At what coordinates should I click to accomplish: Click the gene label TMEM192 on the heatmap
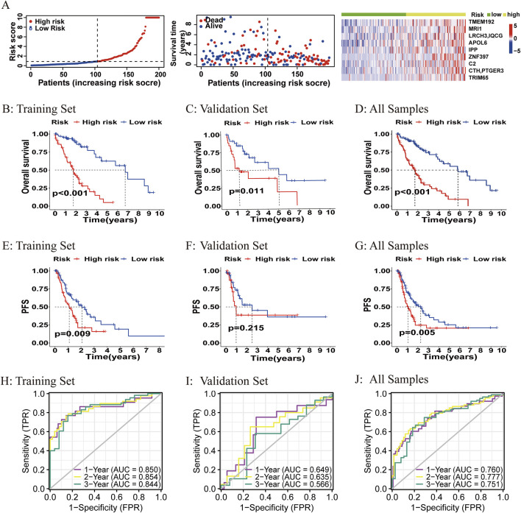481,22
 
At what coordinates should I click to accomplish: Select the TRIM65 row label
478,78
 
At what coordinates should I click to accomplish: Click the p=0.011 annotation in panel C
247,191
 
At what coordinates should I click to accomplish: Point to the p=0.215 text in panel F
246,328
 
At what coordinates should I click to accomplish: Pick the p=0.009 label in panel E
72,333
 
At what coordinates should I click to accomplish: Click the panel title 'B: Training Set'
39,109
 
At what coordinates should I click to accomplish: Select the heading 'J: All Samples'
391,380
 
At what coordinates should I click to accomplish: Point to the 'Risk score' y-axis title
13,41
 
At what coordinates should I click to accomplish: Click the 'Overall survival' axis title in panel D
367,167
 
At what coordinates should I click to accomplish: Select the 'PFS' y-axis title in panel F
196,306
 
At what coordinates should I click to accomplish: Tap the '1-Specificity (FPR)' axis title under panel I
277,507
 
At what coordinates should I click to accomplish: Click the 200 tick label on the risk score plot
160,74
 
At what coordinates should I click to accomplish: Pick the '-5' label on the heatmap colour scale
517,51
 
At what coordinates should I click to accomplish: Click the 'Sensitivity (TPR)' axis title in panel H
26,441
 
